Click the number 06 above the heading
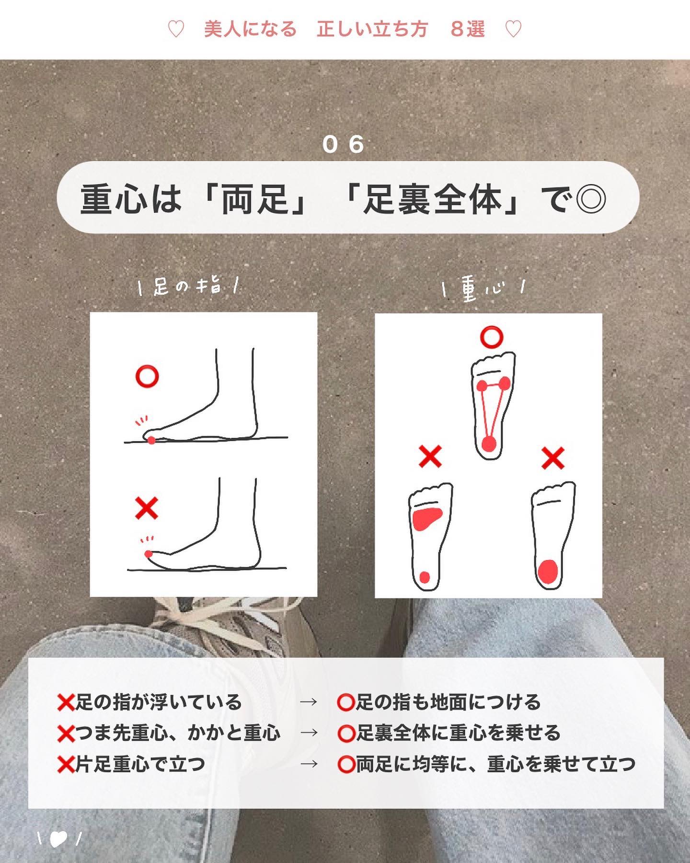343,144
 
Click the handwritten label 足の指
188,287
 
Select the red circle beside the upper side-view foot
147,377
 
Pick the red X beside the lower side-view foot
147,508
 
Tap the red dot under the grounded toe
151,440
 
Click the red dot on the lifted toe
149,554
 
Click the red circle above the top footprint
492,337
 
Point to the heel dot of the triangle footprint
489,443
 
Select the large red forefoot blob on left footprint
426,519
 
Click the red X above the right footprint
553,458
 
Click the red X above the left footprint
430,456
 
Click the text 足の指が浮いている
159,702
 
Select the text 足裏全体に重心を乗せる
458,733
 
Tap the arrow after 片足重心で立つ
309,763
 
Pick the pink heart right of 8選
513,30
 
